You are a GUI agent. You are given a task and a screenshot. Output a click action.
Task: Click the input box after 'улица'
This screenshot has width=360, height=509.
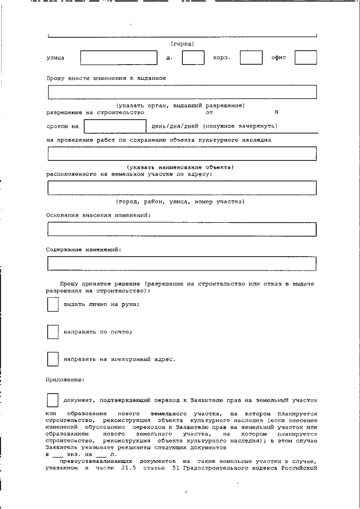point(119,58)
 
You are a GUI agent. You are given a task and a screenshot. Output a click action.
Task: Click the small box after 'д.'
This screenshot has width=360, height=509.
point(193,58)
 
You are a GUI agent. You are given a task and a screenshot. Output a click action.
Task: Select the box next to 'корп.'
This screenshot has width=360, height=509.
point(251,58)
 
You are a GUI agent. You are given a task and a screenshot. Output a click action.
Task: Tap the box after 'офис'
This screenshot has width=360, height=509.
point(305,58)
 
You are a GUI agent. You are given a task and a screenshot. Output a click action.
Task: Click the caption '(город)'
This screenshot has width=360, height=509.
point(182,43)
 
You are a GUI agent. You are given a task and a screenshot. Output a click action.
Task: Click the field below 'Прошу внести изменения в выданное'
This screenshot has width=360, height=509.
point(182,92)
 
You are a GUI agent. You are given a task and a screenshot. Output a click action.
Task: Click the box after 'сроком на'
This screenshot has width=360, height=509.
point(115,126)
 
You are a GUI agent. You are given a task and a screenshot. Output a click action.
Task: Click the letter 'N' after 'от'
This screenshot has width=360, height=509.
point(276,112)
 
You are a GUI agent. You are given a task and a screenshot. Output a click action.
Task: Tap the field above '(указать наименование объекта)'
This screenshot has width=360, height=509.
point(182,153)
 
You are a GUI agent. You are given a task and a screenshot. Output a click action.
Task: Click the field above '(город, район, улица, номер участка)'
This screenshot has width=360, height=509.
point(182,187)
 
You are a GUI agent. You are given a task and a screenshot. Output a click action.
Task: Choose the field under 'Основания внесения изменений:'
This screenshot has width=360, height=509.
point(182,229)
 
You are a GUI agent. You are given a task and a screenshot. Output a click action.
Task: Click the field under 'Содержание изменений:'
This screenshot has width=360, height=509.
point(182,263)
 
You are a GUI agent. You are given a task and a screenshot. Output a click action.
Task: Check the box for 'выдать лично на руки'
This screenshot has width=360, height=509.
point(52,304)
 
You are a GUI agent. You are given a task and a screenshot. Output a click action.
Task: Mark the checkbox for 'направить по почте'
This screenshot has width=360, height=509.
point(52,332)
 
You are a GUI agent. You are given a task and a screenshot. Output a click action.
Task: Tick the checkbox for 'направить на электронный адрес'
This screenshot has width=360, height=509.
point(52,359)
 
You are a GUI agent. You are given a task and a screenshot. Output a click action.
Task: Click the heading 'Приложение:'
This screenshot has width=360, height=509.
point(65,380)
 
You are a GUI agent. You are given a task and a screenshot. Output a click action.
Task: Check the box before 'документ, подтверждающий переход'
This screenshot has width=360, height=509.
point(52,400)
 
